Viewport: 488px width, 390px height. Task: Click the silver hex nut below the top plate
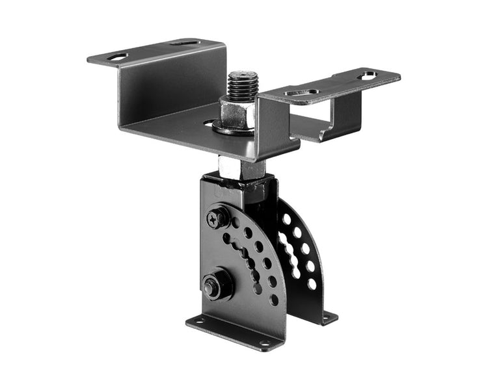point(241,169)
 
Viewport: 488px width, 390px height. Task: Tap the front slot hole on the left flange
point(117,57)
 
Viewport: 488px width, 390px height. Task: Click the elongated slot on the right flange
point(303,92)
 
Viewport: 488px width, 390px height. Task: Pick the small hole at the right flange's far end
point(368,75)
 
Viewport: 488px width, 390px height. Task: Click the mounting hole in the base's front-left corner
point(198,320)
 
